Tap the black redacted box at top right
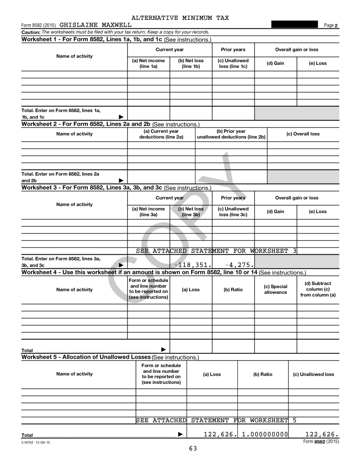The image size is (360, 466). pyautogui.click(x=295, y=25)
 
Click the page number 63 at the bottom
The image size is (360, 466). pyautogui.click(x=193, y=449)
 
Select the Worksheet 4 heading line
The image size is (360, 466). pyautogui.click(x=163, y=272)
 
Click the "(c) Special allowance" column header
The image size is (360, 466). pyautogui.click(x=275, y=289)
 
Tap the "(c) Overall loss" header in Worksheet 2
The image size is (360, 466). pyautogui.click(x=303, y=134)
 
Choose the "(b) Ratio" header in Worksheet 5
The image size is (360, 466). pyautogui.click(x=262, y=374)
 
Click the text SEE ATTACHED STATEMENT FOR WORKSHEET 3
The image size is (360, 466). pyautogui.click(x=216, y=251)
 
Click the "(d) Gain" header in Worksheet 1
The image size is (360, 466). pyautogui.click(x=275, y=63)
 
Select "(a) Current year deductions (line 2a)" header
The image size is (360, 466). pyautogui.click(x=161, y=134)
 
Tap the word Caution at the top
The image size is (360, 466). pyautogui.click(x=30, y=32)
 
